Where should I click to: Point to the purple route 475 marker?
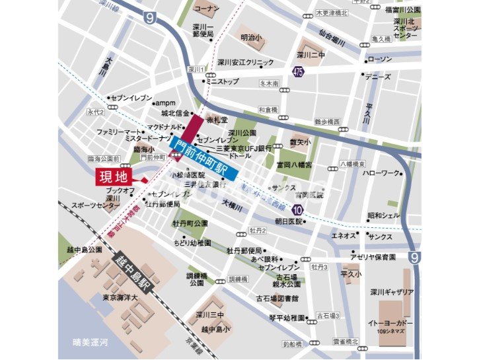299,72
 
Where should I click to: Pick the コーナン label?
207,9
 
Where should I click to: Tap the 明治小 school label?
252,38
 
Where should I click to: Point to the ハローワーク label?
382,173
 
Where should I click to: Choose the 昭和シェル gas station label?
384,215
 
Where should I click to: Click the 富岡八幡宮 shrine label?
294,163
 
